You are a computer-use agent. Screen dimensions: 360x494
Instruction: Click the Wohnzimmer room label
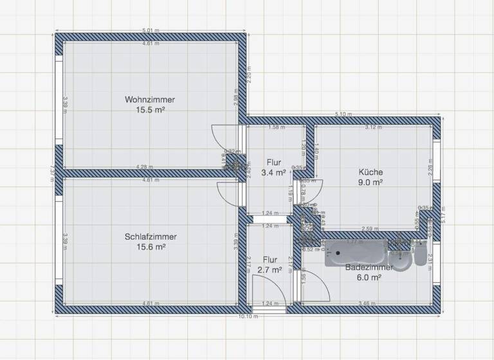click(x=150, y=100)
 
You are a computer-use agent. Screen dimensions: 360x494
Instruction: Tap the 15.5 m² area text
click(x=150, y=110)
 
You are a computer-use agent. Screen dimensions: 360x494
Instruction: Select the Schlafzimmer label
click(x=151, y=237)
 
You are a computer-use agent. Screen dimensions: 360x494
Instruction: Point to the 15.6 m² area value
click(x=151, y=247)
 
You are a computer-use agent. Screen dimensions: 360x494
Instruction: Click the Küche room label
click(x=371, y=172)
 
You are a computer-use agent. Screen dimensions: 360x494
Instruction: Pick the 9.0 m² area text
click(x=371, y=183)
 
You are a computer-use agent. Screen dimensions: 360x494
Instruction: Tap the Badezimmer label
click(x=369, y=267)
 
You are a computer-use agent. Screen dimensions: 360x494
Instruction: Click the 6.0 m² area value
click(x=369, y=277)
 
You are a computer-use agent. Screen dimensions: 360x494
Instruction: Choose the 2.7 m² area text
click(x=270, y=271)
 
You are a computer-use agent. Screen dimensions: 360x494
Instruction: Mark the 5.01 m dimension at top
click(x=151, y=30)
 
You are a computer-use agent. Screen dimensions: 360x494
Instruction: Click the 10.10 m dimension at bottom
click(x=248, y=316)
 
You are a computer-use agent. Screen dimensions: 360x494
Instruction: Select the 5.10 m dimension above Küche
click(x=344, y=114)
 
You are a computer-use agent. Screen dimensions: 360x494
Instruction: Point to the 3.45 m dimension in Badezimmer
click(x=369, y=303)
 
